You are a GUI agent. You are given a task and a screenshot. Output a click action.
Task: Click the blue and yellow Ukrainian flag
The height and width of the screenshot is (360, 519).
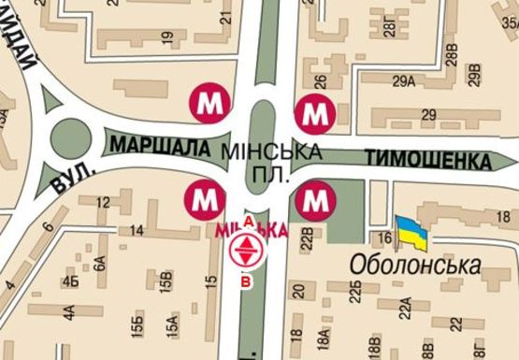click(411, 233)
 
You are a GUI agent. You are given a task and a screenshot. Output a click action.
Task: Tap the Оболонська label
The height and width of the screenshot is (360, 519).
click(416, 266)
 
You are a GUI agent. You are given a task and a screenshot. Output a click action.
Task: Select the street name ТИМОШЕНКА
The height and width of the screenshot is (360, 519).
click(429, 160)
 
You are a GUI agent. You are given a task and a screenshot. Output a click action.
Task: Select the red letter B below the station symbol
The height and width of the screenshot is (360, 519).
click(247, 281)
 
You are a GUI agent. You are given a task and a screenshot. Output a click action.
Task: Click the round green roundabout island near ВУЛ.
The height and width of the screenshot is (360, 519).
click(71, 137)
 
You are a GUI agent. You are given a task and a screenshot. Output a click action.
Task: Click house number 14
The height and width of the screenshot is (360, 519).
click(137, 230)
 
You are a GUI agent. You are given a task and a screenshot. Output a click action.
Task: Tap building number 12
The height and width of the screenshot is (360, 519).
click(103, 203)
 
